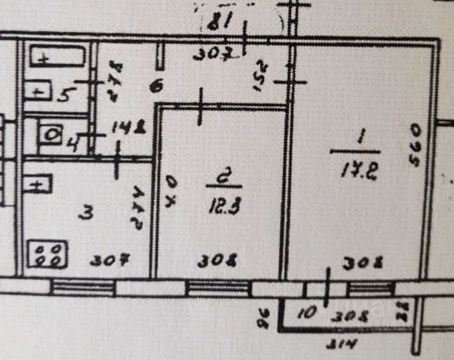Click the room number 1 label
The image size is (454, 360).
tap(359, 139)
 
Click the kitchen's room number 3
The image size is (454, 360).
tap(87, 214)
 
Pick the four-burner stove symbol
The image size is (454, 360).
tap(47, 254)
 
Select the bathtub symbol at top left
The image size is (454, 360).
tap(58, 57)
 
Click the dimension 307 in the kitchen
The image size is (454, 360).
tap(110, 259)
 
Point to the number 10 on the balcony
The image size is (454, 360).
tap(307, 314)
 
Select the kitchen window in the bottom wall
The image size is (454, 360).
tap(83, 287)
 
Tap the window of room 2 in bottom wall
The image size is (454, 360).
tap(218, 287)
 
